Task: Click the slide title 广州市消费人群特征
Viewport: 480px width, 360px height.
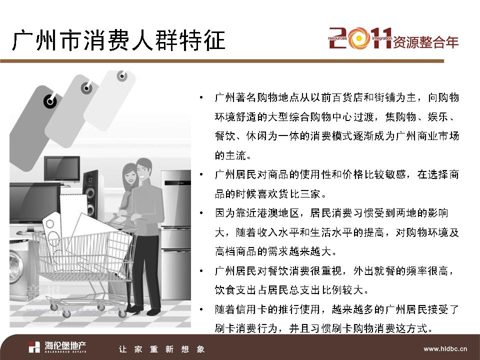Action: point(119,40)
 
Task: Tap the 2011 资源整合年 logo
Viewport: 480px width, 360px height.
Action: point(393,38)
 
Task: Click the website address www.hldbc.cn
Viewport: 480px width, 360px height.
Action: point(445,348)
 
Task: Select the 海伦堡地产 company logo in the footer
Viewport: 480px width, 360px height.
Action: point(57,347)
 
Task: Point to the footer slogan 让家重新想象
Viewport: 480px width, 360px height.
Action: point(161,349)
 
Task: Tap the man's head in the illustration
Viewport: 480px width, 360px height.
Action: point(144,168)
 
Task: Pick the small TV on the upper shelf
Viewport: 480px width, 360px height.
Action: point(62,170)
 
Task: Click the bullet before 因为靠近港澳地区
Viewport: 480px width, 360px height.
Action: point(201,213)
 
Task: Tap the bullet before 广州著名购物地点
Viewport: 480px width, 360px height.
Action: point(201,97)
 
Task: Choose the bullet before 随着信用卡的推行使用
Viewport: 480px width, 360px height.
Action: point(201,309)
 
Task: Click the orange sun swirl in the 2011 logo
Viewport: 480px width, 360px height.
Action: point(359,38)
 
